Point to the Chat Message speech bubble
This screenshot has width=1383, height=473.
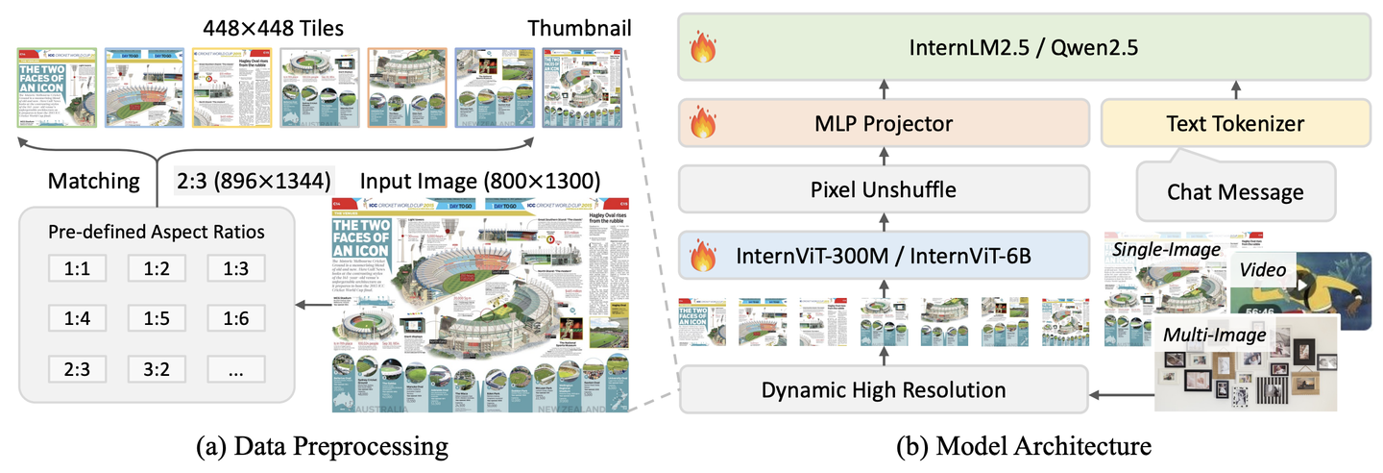[1234, 191]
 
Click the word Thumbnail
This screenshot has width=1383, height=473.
[579, 28]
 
